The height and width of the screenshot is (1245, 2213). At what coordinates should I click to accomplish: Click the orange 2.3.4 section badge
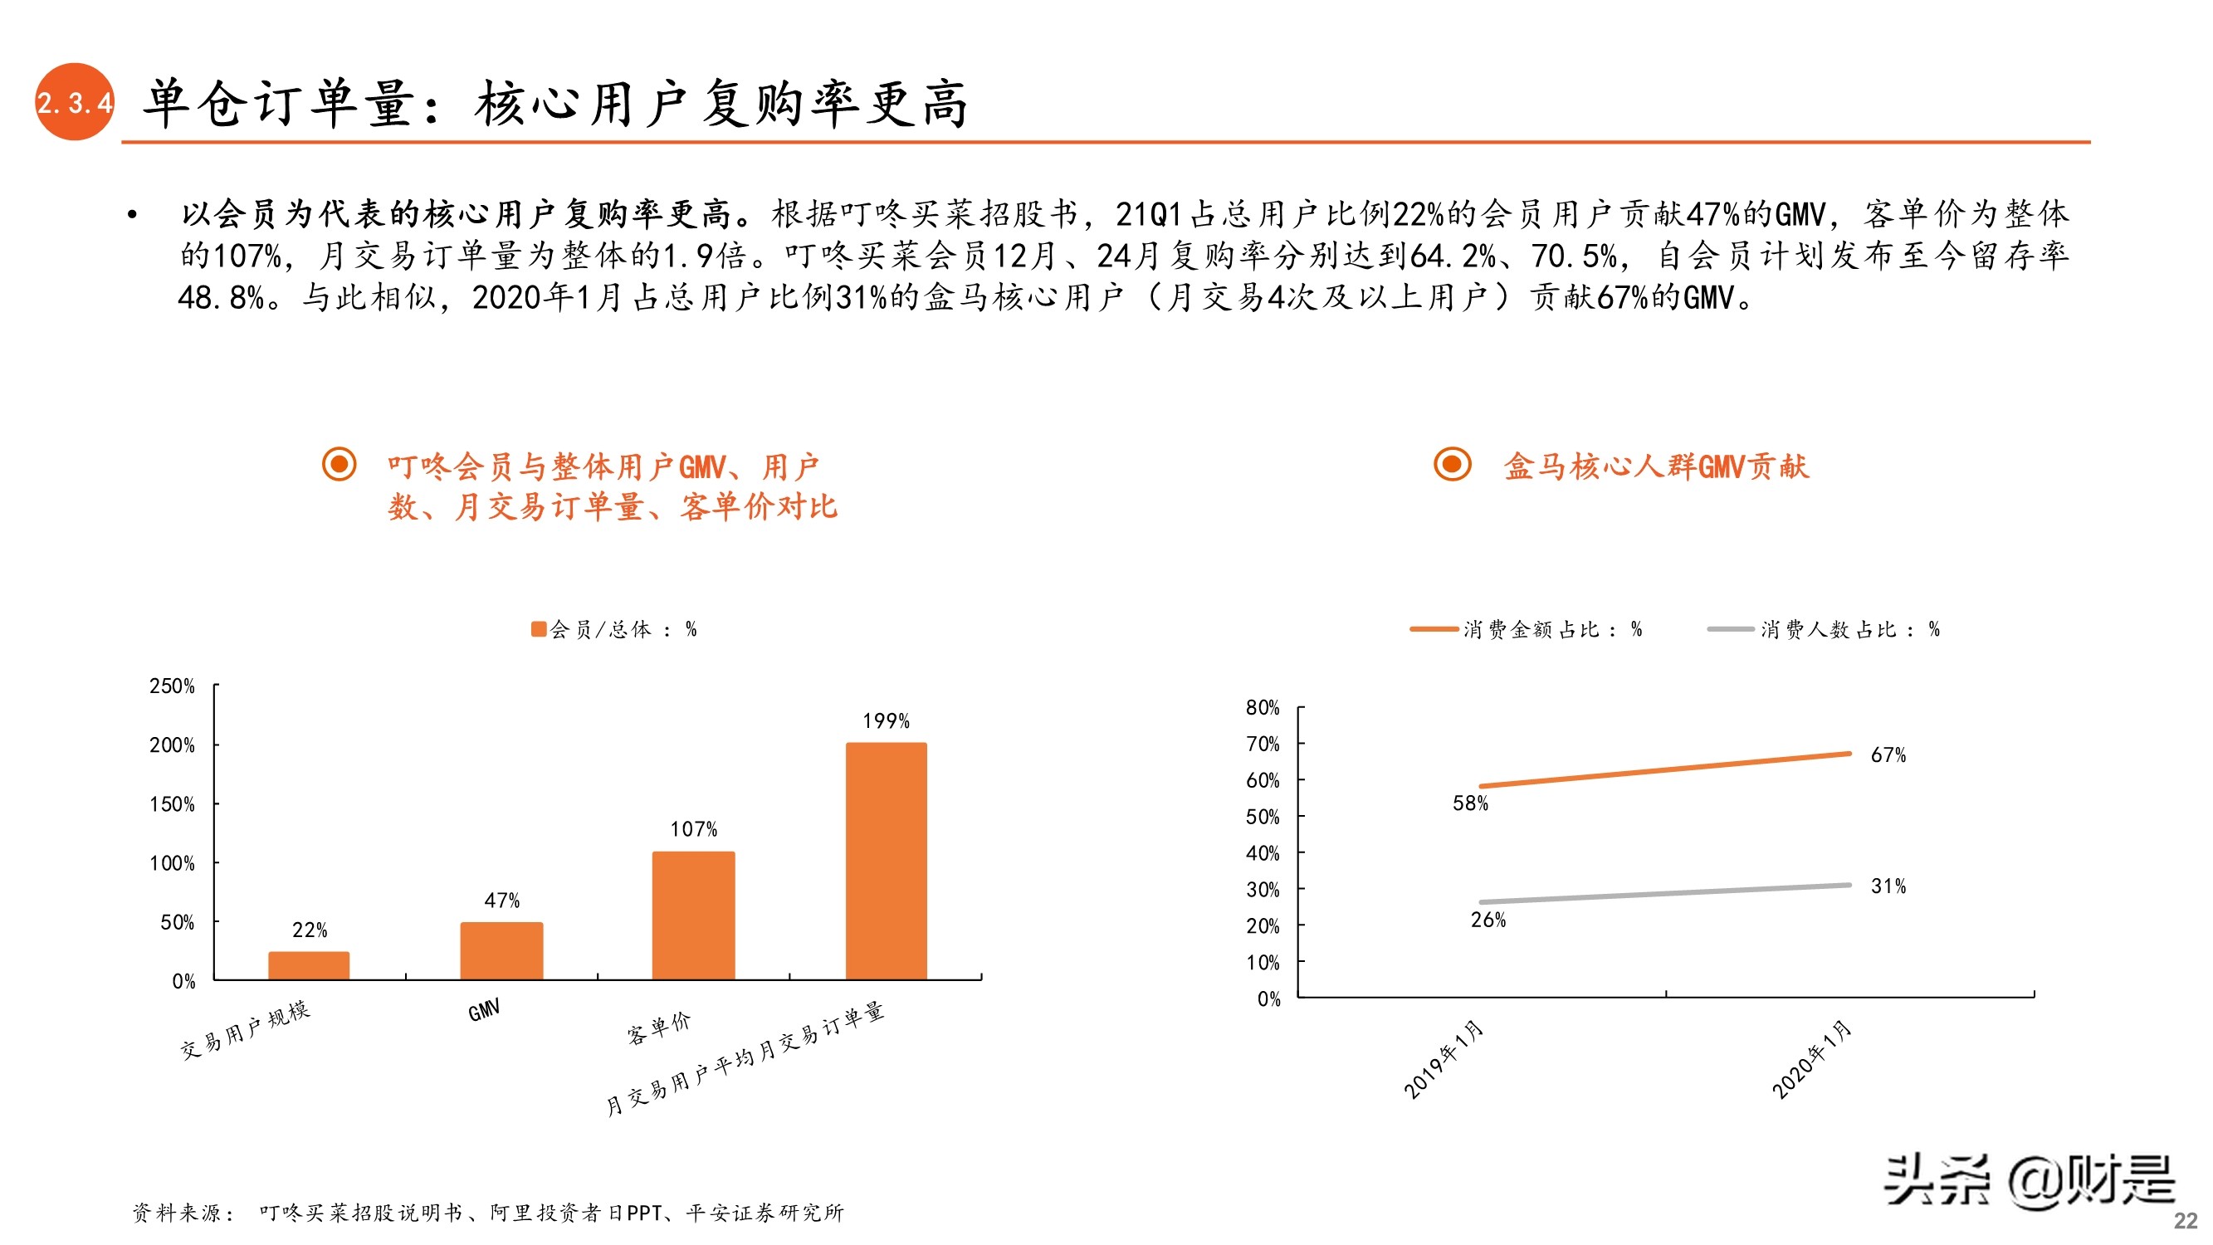[74, 102]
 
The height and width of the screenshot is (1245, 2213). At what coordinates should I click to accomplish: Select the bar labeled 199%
[886, 860]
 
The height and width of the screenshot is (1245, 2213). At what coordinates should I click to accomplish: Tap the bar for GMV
[501, 950]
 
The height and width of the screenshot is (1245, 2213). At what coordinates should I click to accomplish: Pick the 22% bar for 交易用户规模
[309, 965]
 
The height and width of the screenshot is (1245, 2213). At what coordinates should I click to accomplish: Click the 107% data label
[693, 829]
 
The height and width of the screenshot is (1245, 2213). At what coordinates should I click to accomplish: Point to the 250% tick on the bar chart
[172, 686]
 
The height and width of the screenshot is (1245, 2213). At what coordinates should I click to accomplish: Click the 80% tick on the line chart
[1262, 708]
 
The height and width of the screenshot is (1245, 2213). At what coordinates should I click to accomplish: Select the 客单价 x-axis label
[659, 1027]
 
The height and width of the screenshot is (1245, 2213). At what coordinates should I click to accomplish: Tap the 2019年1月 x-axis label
[1444, 1058]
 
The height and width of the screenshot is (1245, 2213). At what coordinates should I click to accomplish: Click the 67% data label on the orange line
[1888, 755]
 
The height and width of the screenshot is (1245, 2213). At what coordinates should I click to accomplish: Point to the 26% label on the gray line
[1488, 920]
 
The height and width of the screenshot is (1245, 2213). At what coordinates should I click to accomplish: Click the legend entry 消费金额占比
[1527, 630]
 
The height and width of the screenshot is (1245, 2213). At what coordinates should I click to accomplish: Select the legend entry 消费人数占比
[1824, 630]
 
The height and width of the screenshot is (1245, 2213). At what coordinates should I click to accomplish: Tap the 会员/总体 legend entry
[613, 630]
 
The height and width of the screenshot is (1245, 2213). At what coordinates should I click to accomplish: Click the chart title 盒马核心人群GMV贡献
[1655, 466]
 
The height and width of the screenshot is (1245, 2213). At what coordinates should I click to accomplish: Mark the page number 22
[2185, 1220]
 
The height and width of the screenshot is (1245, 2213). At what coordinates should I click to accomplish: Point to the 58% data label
[1470, 803]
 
